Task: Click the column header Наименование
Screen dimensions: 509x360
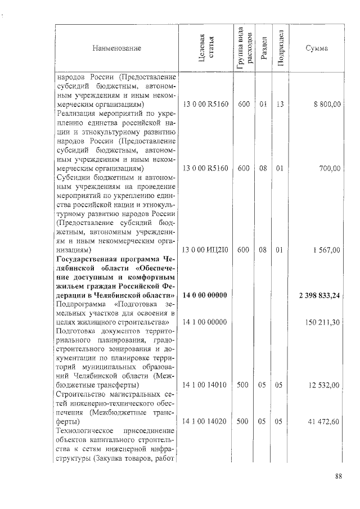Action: pyautogui.click(x=117, y=48)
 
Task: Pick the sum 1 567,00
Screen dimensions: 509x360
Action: pyautogui.click(x=326, y=250)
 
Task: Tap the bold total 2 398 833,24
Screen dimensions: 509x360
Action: pyautogui.click(x=319, y=295)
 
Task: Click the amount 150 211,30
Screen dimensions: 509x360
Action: pyautogui.click(x=322, y=322)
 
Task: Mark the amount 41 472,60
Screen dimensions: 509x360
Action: pyautogui.click(x=325, y=421)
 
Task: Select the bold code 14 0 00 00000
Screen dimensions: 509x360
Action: pyautogui.click(x=205, y=295)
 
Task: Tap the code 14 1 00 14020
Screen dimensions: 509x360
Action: pyautogui.click(x=205, y=421)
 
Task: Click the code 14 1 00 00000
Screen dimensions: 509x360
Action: pyautogui.click(x=205, y=322)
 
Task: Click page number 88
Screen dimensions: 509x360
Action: pyautogui.click(x=339, y=476)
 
